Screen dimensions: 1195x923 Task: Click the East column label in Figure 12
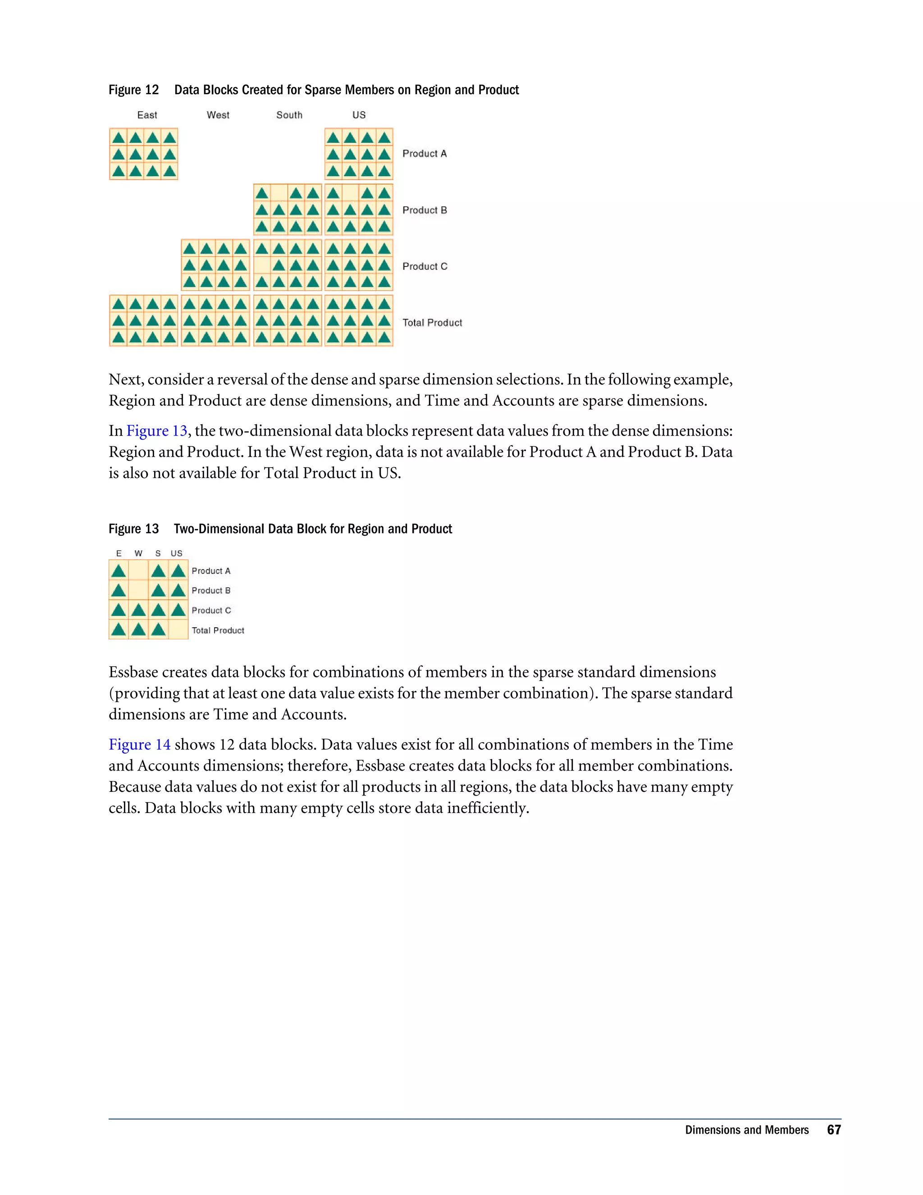click(x=147, y=115)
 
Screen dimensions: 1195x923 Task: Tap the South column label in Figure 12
click(x=289, y=115)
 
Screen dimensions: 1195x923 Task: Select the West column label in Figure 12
click(x=218, y=115)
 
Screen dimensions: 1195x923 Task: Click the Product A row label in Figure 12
click(x=424, y=154)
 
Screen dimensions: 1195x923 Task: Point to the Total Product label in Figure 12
click(x=432, y=323)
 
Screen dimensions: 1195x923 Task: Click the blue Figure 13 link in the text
click(x=157, y=431)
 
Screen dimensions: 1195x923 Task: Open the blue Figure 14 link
click(x=139, y=745)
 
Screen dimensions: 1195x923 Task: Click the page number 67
click(x=833, y=1130)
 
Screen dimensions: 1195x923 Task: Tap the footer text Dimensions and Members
click(x=746, y=1130)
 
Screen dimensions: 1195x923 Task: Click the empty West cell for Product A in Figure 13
click(x=139, y=571)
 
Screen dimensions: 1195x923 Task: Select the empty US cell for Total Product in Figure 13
click(x=178, y=630)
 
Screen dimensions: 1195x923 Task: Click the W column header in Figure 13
click(x=138, y=554)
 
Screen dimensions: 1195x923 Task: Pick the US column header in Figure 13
click(x=176, y=554)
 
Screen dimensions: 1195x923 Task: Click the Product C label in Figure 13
click(x=211, y=611)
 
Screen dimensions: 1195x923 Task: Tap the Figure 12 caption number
click(x=133, y=90)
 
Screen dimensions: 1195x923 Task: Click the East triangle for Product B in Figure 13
click(x=119, y=590)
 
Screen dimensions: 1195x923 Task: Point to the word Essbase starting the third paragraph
click(x=133, y=672)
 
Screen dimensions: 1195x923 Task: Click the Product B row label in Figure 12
click(x=424, y=210)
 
